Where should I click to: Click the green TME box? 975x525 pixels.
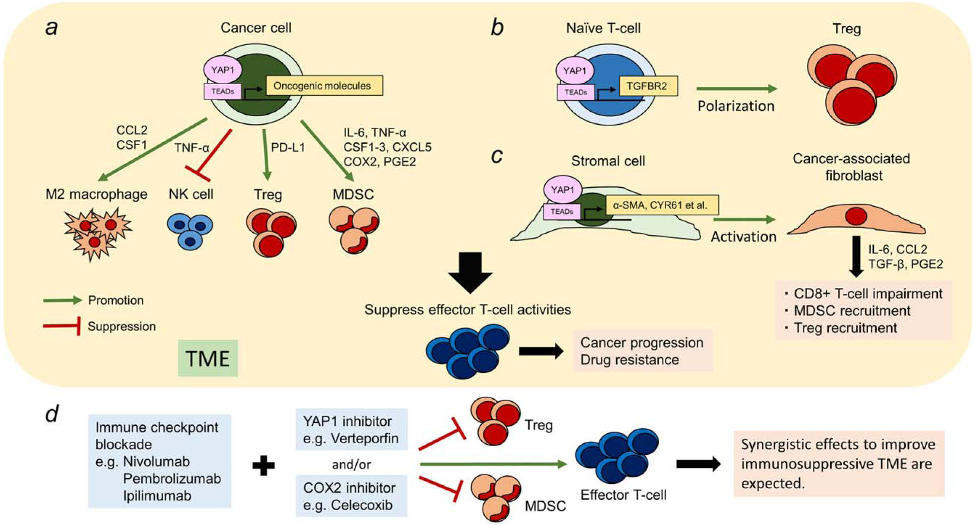coord(208,358)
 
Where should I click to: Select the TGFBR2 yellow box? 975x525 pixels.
coord(648,86)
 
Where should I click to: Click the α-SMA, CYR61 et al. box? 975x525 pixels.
coord(661,205)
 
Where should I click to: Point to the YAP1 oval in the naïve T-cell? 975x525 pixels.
coord(575,71)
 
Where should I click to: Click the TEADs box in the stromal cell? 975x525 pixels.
coord(562,211)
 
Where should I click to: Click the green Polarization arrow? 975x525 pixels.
coord(736,89)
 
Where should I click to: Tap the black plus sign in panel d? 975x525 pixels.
coord(264,466)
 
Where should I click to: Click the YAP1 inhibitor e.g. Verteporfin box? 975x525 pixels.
coord(351,429)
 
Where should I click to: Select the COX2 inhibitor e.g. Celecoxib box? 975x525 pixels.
coord(351,496)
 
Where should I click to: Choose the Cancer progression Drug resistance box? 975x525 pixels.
coord(642,351)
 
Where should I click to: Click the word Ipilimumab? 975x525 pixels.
coord(157,495)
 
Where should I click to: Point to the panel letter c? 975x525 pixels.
coord(497,155)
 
